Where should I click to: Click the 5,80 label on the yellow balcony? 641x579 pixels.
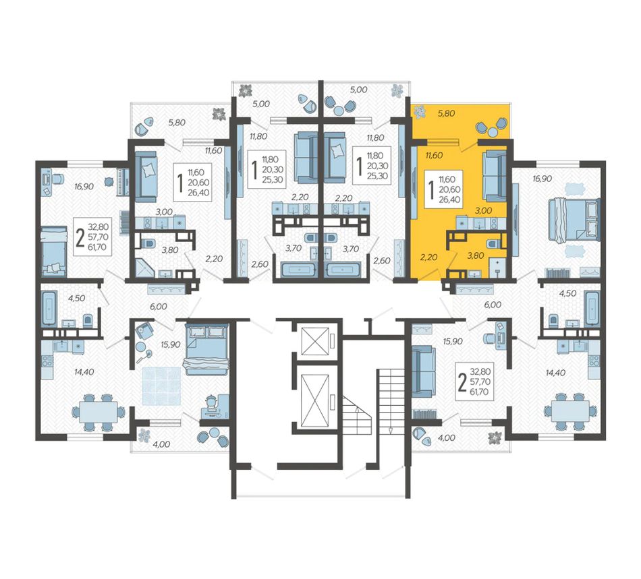(x=446, y=113)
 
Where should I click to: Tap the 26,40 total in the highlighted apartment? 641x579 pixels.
(x=449, y=200)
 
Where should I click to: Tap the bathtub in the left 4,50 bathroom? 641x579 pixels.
(x=50, y=307)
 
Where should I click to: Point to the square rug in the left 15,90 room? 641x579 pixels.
(x=161, y=386)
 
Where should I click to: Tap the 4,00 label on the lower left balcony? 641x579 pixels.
(x=161, y=444)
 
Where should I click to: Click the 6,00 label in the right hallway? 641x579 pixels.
(x=492, y=305)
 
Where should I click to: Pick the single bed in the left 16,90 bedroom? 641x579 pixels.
(x=53, y=252)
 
